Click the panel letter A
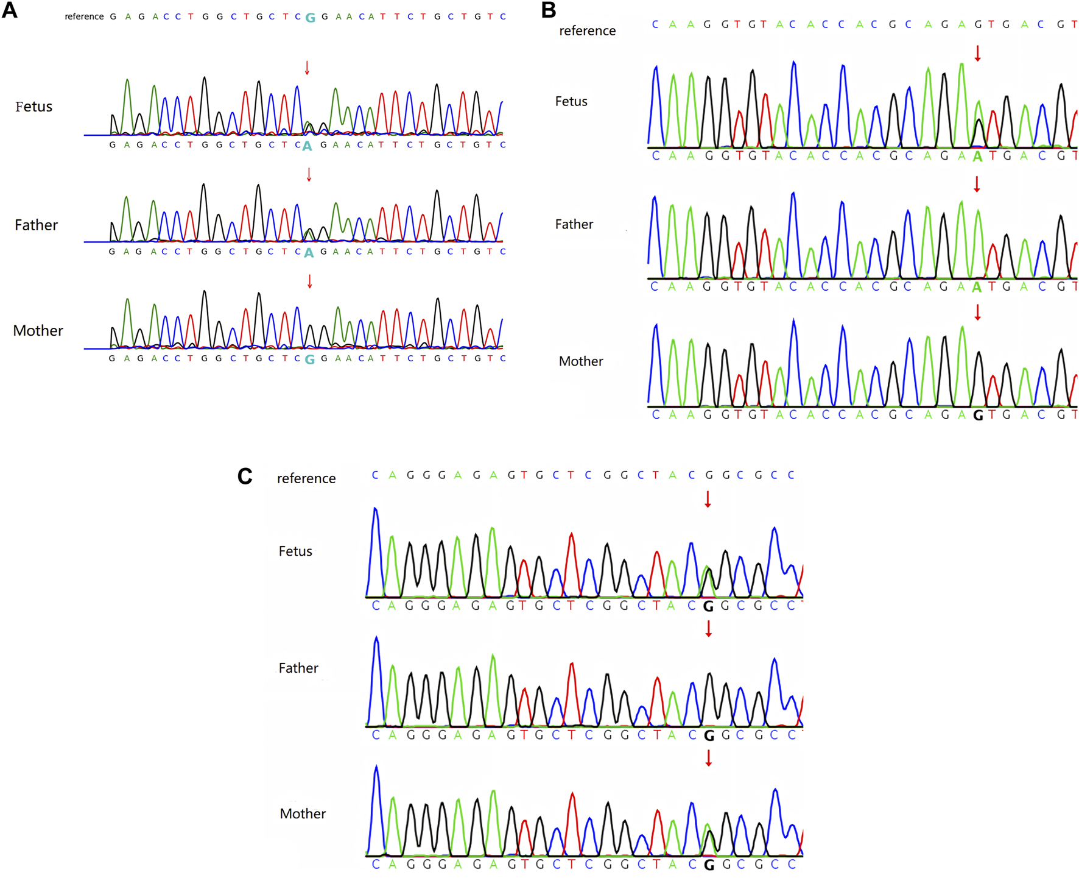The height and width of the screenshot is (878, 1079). [x=10, y=10]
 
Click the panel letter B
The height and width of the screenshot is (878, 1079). [x=548, y=10]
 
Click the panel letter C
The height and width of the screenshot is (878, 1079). [x=245, y=476]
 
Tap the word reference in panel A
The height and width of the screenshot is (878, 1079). [x=84, y=16]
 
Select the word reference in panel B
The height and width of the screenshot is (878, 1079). [x=587, y=30]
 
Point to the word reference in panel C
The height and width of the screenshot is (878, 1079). [x=306, y=478]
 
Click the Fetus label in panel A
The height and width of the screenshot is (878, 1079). [x=33, y=107]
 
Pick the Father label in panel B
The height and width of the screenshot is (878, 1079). [x=574, y=224]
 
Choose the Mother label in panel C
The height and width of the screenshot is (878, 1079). [x=303, y=813]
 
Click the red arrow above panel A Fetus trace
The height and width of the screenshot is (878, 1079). [x=307, y=68]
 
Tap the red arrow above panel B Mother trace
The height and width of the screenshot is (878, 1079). [x=977, y=312]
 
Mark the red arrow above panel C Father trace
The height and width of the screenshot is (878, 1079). [x=708, y=629]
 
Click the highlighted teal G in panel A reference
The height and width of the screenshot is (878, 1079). [x=310, y=18]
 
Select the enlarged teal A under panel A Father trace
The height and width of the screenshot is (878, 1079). [x=309, y=253]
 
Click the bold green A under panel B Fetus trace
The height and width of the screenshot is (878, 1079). [x=977, y=157]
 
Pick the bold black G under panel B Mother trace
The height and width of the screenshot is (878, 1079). [x=978, y=416]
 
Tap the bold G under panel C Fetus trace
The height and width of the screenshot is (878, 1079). [x=708, y=607]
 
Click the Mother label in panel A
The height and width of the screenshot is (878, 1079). [x=38, y=331]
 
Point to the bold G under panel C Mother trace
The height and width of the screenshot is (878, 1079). [x=708, y=865]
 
